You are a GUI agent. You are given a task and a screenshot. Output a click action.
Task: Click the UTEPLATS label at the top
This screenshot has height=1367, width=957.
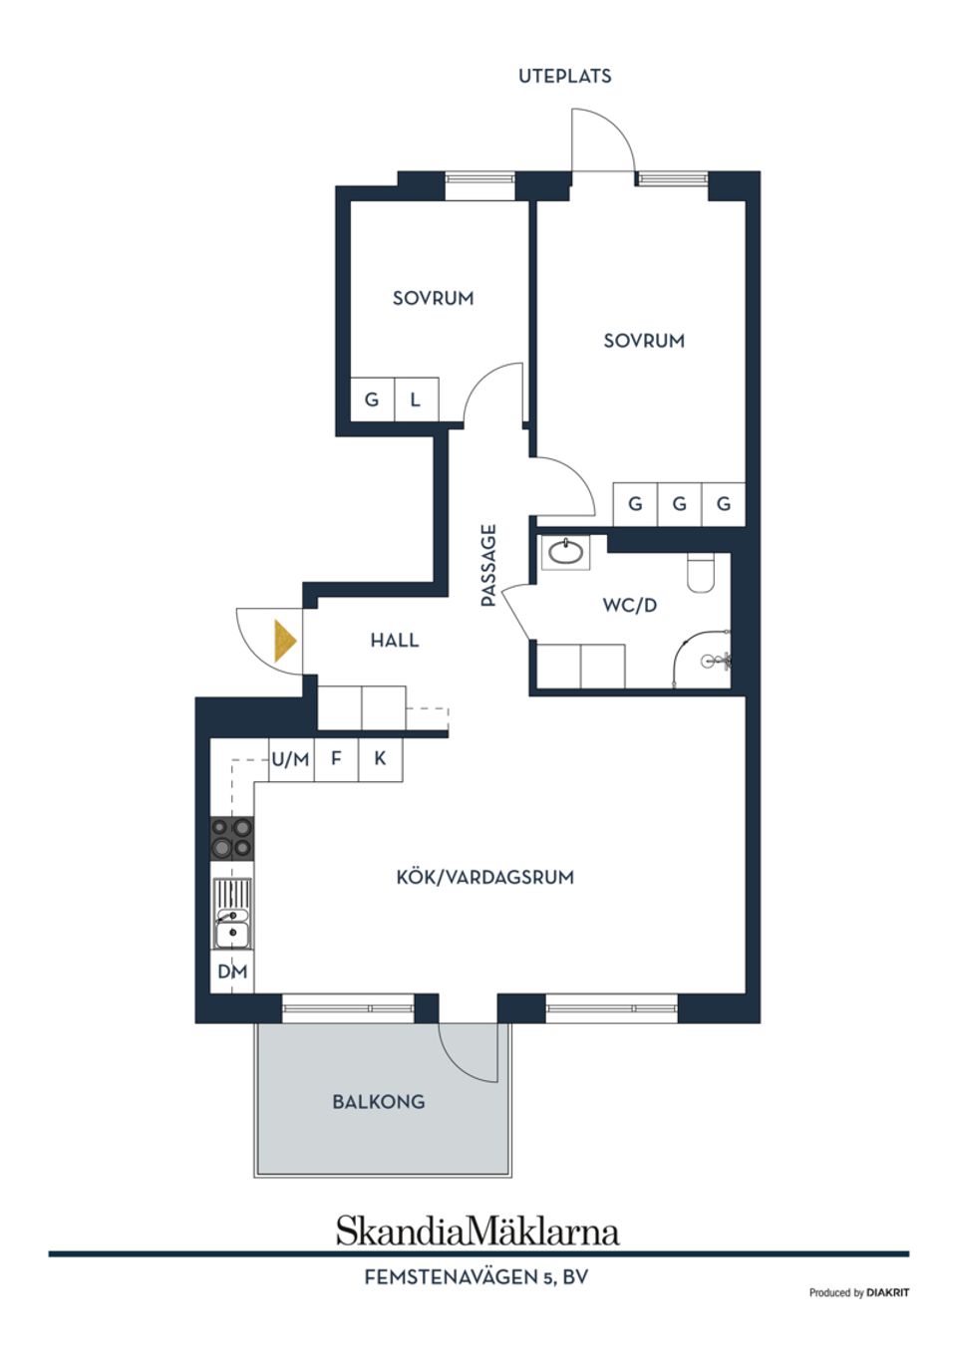coord(564,77)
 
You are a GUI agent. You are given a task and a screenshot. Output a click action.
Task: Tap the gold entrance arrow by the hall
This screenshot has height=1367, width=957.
coord(284,641)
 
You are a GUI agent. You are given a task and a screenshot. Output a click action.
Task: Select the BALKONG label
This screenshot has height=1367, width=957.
coord(379,1102)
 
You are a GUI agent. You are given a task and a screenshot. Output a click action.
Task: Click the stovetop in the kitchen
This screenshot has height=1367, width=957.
coord(232,839)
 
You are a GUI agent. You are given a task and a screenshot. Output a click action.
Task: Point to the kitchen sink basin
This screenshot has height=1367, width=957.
coord(232,934)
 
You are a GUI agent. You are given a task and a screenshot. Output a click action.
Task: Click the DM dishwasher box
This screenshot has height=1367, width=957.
coord(232,970)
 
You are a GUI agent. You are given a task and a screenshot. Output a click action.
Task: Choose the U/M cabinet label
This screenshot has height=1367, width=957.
coord(291,760)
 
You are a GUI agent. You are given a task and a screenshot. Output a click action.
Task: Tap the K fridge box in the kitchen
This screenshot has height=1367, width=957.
coord(381,759)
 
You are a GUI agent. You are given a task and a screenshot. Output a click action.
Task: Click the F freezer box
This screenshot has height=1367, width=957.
coord(336,759)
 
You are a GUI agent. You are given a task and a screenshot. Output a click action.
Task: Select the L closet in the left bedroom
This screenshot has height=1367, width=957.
coord(417,400)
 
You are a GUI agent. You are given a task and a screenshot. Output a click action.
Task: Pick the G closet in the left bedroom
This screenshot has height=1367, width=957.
coord(372,400)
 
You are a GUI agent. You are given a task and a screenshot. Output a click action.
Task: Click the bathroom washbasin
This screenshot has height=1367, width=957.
coord(566,552)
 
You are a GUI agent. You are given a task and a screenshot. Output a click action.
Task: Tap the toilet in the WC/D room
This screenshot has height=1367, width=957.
coord(701,573)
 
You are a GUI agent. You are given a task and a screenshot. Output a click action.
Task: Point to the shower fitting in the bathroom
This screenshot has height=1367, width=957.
coord(717,660)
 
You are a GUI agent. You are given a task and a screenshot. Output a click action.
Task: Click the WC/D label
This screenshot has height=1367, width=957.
coord(630,606)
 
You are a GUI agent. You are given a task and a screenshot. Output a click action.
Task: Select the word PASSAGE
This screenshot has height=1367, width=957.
coord(487,565)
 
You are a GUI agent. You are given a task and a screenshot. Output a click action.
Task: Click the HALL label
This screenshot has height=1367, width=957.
coord(395,641)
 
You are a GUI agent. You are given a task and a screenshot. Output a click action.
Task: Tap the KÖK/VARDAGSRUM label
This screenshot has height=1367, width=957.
coord(485,877)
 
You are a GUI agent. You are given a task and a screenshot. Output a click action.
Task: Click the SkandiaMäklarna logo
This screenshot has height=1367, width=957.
coord(478,1230)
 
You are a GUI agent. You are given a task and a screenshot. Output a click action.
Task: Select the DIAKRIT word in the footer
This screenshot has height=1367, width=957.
coord(887,1292)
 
